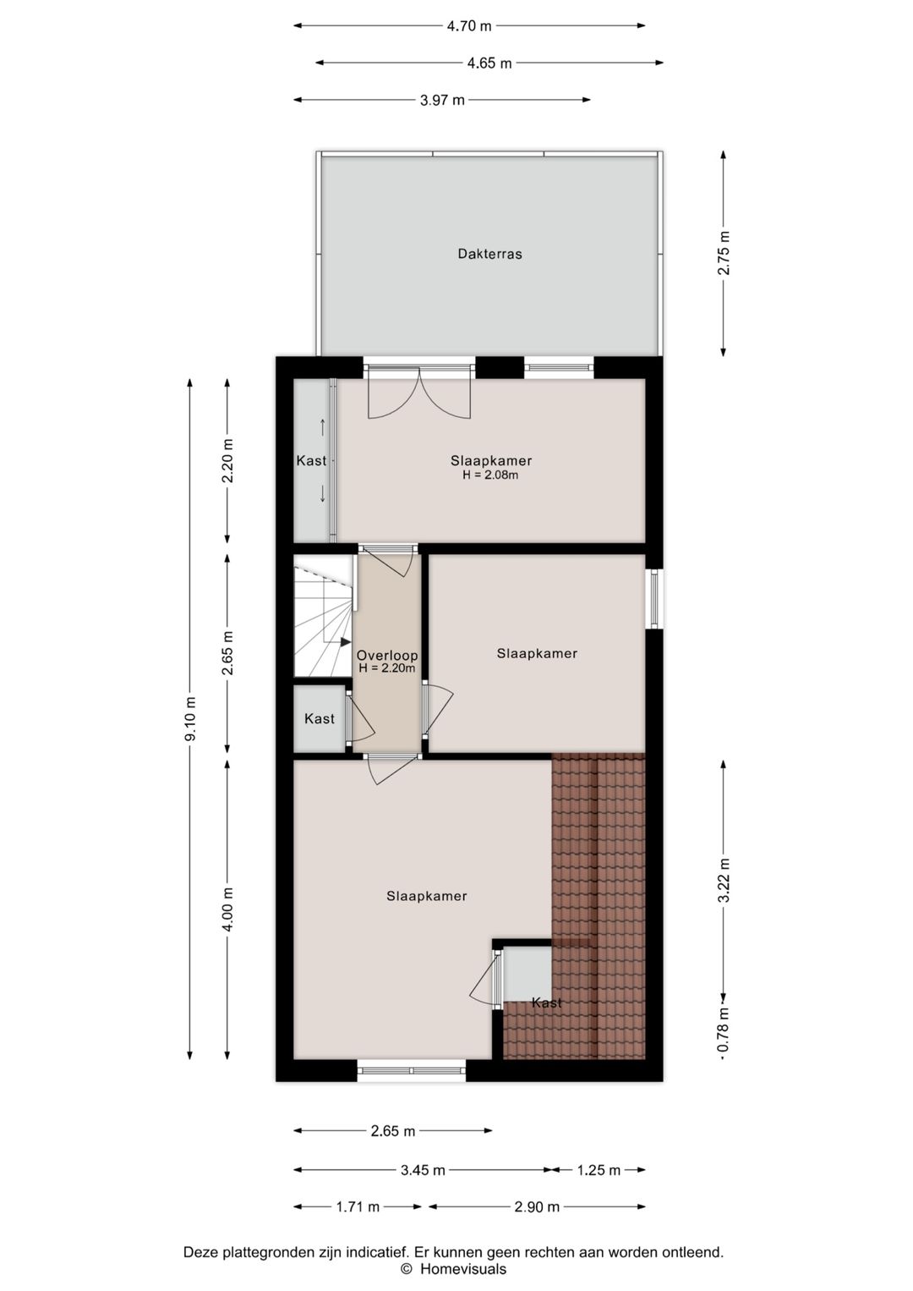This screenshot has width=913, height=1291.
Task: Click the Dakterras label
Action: [489, 254]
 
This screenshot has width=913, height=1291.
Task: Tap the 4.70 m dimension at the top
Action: [469, 26]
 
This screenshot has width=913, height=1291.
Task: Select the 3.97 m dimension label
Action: [442, 101]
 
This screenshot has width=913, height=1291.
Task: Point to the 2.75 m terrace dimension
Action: [724, 253]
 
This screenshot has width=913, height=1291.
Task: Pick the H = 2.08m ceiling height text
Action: [491, 475]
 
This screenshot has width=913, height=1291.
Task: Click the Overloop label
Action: [387, 656]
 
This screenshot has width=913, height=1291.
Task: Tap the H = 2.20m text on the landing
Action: [387, 668]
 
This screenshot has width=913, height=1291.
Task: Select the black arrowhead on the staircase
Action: [346, 641]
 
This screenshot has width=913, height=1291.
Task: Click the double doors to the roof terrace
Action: [419, 393]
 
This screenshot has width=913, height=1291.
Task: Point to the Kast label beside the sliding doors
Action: [311, 460]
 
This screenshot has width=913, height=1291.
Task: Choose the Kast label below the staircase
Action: [319, 719]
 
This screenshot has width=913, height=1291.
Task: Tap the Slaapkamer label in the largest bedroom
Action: [426, 896]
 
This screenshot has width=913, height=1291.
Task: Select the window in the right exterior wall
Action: [653, 598]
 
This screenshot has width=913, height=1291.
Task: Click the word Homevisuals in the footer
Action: [463, 1268]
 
